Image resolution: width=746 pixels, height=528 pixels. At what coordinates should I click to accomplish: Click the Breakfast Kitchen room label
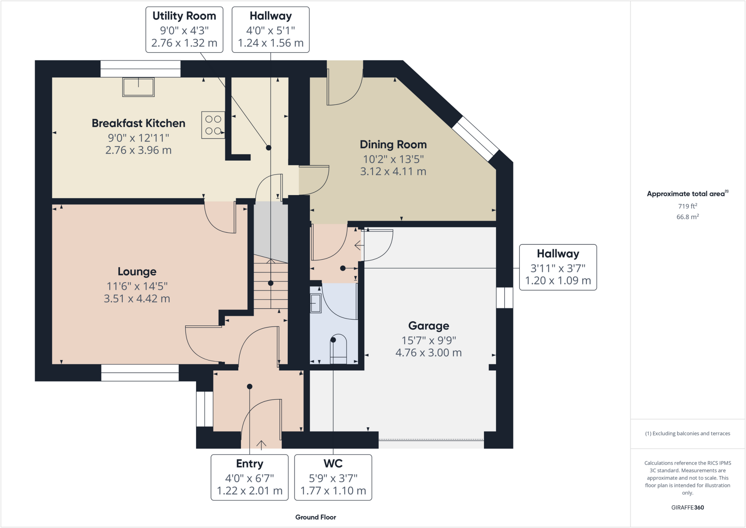(x=138, y=123)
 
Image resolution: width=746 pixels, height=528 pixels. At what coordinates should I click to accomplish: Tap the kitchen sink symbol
(x=138, y=87)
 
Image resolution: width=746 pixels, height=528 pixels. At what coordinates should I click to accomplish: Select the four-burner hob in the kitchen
(x=213, y=125)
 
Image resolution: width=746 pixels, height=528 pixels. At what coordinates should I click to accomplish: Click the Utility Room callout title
(x=184, y=16)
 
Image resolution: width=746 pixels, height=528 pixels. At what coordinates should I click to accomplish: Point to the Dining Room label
(x=393, y=145)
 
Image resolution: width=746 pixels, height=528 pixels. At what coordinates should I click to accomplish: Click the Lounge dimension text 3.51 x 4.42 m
(x=137, y=299)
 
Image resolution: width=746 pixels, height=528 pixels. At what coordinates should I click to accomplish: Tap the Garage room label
(x=428, y=326)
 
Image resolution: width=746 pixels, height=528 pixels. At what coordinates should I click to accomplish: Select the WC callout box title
(x=333, y=464)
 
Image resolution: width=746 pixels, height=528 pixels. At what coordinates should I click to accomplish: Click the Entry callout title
(x=250, y=464)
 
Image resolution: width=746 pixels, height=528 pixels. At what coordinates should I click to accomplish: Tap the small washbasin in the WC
(x=315, y=303)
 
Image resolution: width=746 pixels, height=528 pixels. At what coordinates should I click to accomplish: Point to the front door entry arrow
(x=261, y=444)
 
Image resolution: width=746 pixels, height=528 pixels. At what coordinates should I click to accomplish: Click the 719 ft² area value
(x=687, y=206)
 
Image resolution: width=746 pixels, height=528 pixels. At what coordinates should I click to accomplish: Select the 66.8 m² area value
(x=687, y=217)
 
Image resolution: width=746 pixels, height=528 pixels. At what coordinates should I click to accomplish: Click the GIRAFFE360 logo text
(x=687, y=507)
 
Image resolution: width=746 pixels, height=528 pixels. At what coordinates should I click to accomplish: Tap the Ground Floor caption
(x=315, y=517)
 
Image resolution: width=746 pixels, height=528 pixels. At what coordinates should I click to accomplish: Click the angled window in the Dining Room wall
(x=475, y=138)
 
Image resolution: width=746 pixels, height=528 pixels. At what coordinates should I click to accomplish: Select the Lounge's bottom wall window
(x=140, y=372)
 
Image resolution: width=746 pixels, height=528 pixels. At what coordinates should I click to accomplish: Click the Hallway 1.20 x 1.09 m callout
(x=558, y=267)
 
